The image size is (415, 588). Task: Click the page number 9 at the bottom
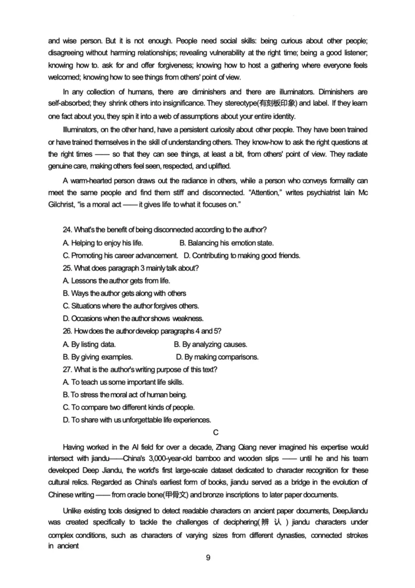[x=208, y=558]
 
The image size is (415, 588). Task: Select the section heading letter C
[x=216, y=432]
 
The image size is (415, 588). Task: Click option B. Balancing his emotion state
[x=226, y=243]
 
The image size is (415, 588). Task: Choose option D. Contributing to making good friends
[x=242, y=256]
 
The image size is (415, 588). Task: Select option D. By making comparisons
[x=217, y=357]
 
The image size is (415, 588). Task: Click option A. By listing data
[x=89, y=344]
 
